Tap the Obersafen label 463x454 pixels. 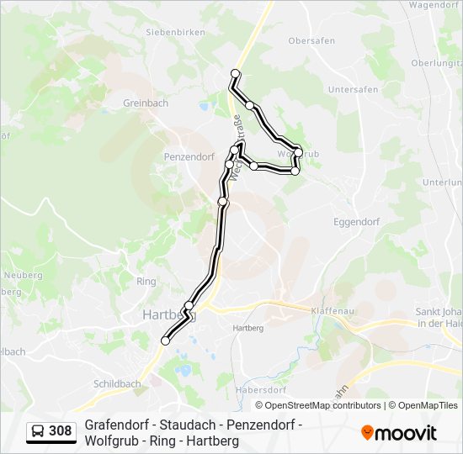[x=311, y=40]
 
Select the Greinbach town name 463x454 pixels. [x=146, y=103]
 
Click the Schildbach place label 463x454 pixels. [x=118, y=383]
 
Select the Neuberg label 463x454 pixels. [x=23, y=275]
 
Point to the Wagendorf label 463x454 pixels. [x=434, y=4]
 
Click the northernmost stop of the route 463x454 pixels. [x=236, y=73]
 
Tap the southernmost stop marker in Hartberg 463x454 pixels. [x=165, y=340]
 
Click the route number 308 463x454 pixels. [x=60, y=431]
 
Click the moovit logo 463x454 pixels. [x=399, y=433]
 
